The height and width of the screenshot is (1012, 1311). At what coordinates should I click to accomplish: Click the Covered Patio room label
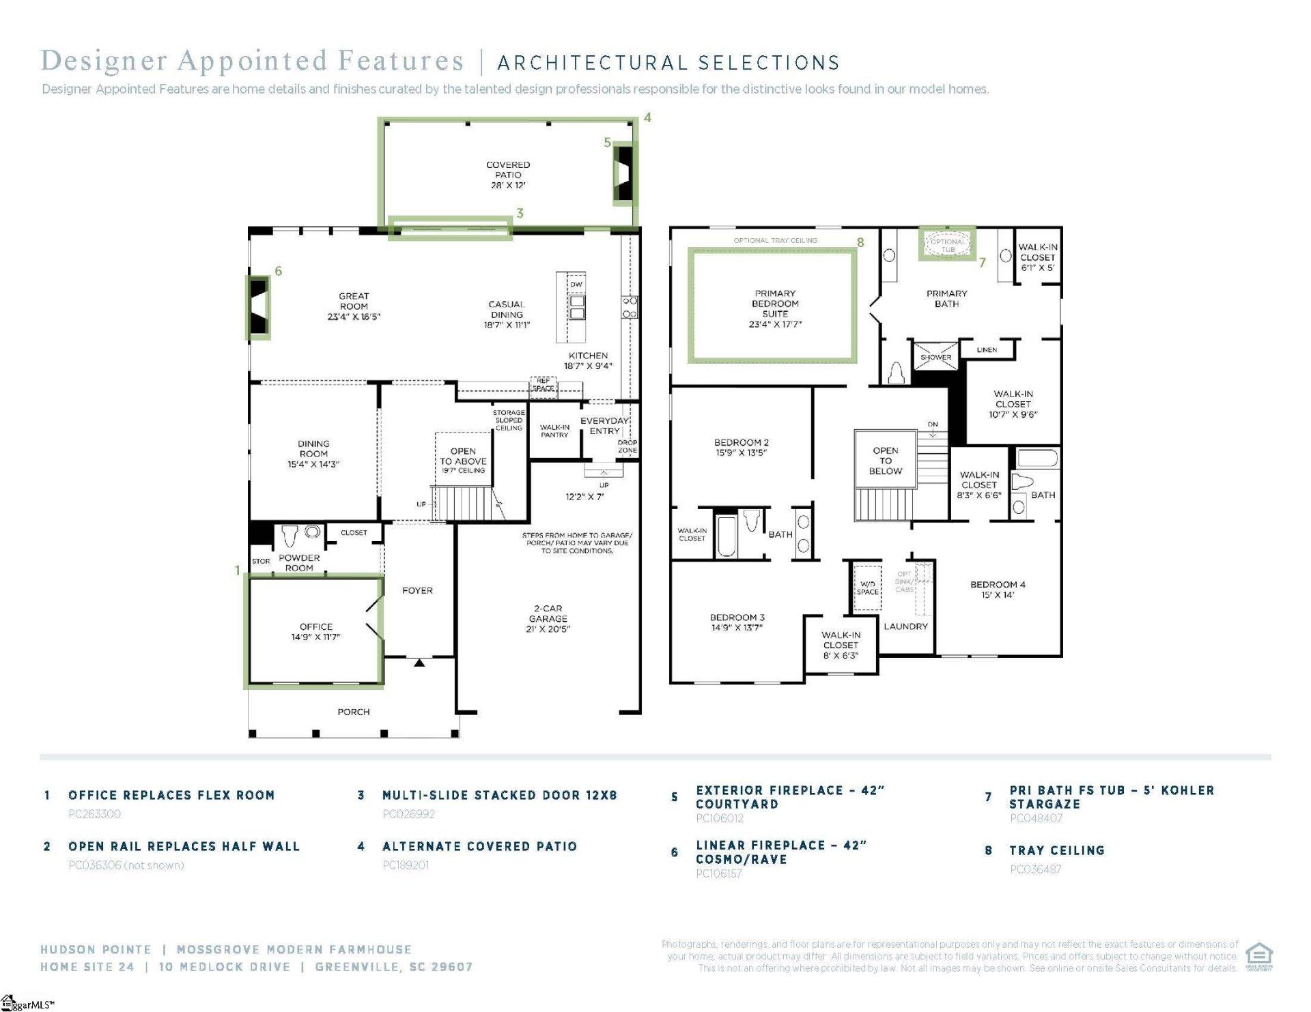pyautogui.click(x=507, y=175)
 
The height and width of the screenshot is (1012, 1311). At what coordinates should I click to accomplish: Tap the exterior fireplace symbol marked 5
pyautogui.click(x=623, y=173)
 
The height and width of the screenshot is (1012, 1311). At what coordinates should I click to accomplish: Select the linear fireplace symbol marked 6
pyautogui.click(x=258, y=307)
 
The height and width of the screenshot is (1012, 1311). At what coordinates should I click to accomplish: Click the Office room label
pyautogui.click(x=315, y=631)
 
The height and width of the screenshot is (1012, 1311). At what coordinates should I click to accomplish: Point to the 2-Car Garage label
pyautogui.click(x=548, y=618)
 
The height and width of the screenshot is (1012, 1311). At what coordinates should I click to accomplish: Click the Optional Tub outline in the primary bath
pyautogui.click(x=947, y=245)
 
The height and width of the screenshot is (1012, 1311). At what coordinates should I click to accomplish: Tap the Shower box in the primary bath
pyautogui.click(x=935, y=357)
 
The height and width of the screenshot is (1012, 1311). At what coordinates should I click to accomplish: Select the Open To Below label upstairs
pyautogui.click(x=885, y=461)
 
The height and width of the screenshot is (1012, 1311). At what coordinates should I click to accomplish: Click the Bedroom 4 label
pyautogui.click(x=997, y=590)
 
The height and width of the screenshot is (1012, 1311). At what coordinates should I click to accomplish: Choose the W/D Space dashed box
pyautogui.click(x=867, y=588)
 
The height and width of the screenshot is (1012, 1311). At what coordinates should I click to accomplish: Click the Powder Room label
pyautogui.click(x=299, y=562)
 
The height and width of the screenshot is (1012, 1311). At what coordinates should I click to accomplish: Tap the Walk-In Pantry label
pyautogui.click(x=554, y=431)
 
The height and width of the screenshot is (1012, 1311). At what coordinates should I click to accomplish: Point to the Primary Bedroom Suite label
pyautogui.click(x=774, y=308)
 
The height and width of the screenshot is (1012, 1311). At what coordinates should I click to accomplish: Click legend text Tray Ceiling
pyautogui.click(x=1056, y=850)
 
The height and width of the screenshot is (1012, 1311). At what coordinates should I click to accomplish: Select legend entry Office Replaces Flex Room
pyautogui.click(x=171, y=795)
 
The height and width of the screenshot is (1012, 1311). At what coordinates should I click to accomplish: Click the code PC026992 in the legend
pyautogui.click(x=408, y=813)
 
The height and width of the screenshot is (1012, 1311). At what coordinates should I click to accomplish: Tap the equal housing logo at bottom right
pyautogui.click(x=1258, y=955)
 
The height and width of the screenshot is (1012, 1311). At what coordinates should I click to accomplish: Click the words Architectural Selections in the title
pyautogui.click(x=668, y=63)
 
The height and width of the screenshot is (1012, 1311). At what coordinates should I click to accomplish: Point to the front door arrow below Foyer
pyautogui.click(x=419, y=663)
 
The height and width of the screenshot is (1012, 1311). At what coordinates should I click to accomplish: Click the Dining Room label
pyautogui.click(x=313, y=454)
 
